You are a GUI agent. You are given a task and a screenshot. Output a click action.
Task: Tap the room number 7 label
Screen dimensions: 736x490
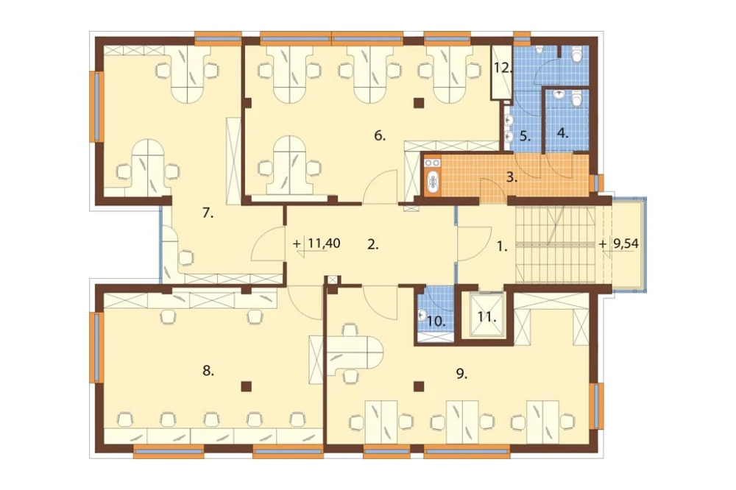[208, 213]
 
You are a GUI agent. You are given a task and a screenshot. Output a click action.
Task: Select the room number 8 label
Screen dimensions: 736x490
[208, 371]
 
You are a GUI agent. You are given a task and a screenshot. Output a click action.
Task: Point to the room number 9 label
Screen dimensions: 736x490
[461, 373]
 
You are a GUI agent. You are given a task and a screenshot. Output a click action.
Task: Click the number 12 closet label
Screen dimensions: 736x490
[502, 68]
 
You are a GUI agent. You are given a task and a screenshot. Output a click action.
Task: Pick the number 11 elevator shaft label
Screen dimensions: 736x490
[487, 317]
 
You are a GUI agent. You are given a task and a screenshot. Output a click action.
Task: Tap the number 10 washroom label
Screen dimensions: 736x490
[436, 322]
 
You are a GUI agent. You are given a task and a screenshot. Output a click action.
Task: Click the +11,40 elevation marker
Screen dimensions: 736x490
[316, 244]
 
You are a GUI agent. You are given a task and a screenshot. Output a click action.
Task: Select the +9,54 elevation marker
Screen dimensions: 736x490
[619, 244]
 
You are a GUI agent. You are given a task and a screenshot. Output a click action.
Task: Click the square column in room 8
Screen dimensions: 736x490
[246, 386]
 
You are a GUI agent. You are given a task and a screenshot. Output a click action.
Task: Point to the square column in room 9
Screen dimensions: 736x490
[419, 386]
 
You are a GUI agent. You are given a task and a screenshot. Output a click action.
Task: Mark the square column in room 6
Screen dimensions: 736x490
[419, 102]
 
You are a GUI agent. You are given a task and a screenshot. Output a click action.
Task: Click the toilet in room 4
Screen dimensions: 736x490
[577, 99]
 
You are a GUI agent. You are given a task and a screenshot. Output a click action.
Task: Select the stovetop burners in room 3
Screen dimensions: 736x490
[432, 163]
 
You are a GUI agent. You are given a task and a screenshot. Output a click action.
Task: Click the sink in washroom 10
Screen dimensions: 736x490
[422, 315]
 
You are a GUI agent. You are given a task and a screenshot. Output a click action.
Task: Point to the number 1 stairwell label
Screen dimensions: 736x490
[502, 246]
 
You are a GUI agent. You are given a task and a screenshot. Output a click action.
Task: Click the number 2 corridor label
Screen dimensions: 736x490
[372, 244]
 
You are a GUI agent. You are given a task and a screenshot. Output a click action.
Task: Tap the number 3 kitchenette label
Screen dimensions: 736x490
[512, 178]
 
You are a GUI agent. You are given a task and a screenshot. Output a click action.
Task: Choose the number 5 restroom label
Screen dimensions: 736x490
[525, 137]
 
